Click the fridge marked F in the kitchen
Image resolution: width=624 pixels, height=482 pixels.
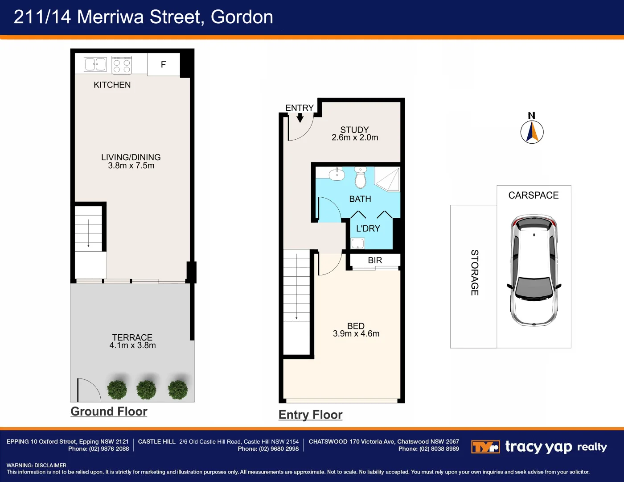pyautogui.click(x=163, y=65)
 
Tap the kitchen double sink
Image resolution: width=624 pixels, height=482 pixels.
pyautogui.click(x=95, y=64)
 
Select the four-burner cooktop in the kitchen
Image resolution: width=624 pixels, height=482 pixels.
pyautogui.click(x=122, y=64)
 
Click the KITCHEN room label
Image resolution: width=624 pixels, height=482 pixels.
pyautogui.click(x=112, y=85)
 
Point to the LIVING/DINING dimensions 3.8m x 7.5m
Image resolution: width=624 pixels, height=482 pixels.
pyautogui.click(x=131, y=166)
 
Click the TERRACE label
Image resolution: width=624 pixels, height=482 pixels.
pyautogui.click(x=132, y=337)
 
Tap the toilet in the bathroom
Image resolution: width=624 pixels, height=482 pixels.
pyautogui.click(x=360, y=178)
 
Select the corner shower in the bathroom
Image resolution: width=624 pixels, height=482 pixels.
pyautogui.click(x=387, y=179)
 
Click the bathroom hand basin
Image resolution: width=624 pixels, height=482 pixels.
pyautogui.click(x=337, y=174)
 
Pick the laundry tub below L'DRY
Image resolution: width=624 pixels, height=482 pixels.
pyautogui.click(x=357, y=243)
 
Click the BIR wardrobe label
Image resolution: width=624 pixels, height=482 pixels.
pyautogui.click(x=375, y=260)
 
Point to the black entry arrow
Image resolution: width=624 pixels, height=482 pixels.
pyautogui.click(x=300, y=118)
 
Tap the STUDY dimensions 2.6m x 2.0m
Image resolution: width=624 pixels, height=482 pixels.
pyautogui.click(x=355, y=138)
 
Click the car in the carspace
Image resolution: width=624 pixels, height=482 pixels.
pyautogui.click(x=534, y=270)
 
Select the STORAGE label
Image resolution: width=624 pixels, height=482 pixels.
pyautogui.click(x=475, y=272)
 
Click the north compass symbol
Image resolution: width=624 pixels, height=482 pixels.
pyautogui.click(x=532, y=132)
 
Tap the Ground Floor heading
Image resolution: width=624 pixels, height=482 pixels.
pyautogui.click(x=109, y=411)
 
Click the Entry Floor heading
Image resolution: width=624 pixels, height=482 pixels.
pyautogui.click(x=310, y=415)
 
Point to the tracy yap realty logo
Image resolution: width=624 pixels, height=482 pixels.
pyautogui.click(x=539, y=447)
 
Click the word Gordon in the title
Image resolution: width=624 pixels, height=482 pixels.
pyautogui.click(x=242, y=17)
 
